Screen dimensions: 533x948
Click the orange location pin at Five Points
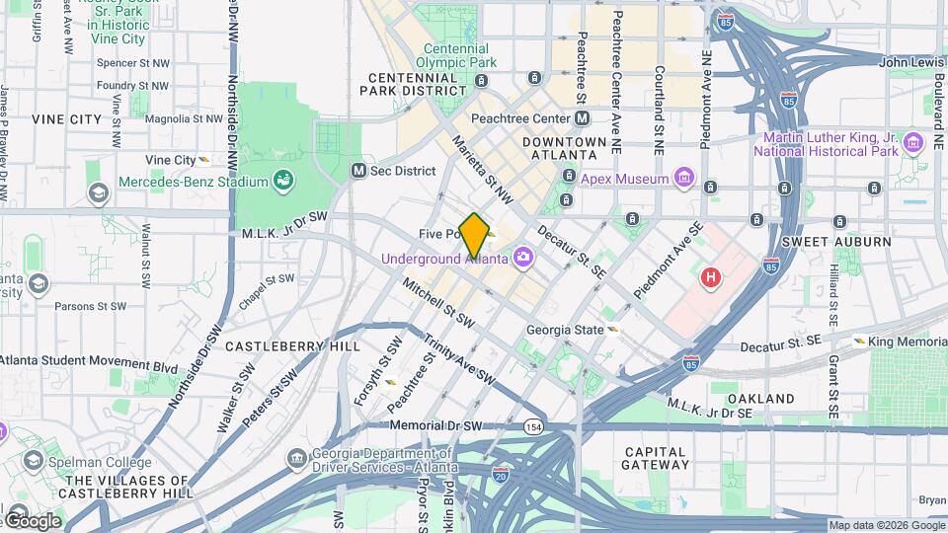tap(475, 235)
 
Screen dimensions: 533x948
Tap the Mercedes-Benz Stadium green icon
tap(284, 182)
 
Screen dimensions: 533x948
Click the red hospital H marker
tap(710, 277)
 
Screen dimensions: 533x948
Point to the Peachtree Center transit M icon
tap(583, 118)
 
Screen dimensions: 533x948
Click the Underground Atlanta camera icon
tap(522, 259)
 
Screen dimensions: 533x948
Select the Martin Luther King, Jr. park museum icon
tap(913, 144)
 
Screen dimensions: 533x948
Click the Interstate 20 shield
tap(501, 475)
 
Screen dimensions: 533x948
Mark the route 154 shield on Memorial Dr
tap(533, 426)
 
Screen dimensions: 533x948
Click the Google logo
tap(33, 520)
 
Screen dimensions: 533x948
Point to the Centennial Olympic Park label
tap(455, 55)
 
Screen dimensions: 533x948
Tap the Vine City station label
tap(171, 160)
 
